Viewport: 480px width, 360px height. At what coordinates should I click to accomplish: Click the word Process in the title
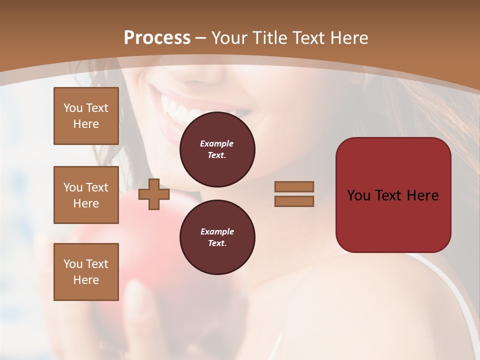point(157,38)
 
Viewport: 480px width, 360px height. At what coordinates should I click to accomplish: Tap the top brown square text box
point(86,116)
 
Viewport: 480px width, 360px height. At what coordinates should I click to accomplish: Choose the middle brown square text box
point(86,195)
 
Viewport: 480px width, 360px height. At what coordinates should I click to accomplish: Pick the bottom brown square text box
point(86,272)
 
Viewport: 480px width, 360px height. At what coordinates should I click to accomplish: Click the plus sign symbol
point(154,194)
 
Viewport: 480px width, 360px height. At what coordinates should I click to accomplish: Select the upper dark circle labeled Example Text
point(217,149)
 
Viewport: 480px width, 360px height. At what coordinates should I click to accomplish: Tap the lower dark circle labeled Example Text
point(217,237)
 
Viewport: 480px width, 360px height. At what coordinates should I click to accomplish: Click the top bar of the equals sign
point(294,186)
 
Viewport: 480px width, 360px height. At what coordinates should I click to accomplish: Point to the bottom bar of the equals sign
point(294,201)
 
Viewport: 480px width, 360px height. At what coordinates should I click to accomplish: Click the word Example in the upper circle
point(217,143)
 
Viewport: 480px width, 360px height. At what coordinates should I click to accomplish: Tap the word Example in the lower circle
point(217,231)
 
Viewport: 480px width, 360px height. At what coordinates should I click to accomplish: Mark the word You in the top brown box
point(72,108)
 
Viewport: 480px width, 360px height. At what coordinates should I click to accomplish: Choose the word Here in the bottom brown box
point(86,280)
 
